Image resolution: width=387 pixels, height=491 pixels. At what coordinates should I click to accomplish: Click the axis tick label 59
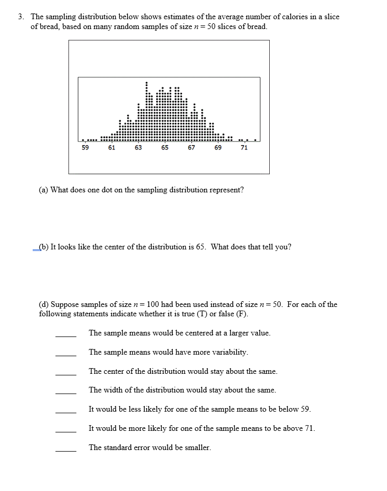coord(85,148)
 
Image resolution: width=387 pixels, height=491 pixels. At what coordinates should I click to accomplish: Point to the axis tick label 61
coord(112,148)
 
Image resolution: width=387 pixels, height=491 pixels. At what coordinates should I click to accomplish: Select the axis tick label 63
coord(138,148)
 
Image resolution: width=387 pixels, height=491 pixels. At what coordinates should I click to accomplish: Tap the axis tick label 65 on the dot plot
coord(164,148)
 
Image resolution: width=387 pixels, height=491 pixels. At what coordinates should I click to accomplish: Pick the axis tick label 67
coord(191,148)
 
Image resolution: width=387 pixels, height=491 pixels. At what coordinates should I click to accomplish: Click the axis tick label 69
coord(218,148)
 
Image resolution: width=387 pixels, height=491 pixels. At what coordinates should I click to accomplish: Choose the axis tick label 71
coord(244,148)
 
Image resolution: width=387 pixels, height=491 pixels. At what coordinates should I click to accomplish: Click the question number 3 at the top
coord(21,17)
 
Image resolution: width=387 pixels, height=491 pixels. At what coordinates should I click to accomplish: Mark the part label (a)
coord(44,190)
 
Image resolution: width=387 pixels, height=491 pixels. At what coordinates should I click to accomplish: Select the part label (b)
coord(44,247)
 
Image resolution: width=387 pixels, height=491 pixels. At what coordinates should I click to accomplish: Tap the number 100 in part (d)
coord(154,304)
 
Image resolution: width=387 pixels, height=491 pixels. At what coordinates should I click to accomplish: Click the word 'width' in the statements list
coord(112,390)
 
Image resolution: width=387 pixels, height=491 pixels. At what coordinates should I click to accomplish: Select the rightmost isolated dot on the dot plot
coord(255,139)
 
